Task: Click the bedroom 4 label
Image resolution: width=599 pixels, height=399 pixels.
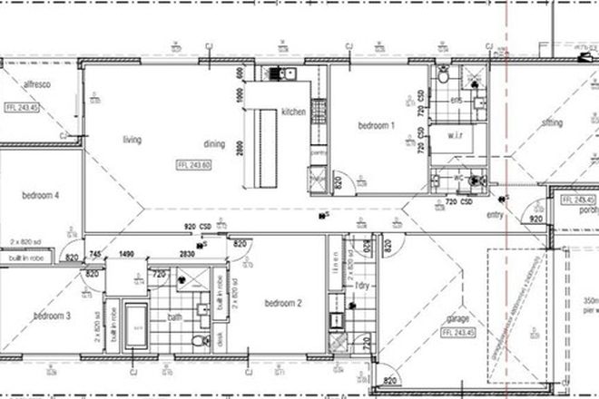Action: [x=41, y=194]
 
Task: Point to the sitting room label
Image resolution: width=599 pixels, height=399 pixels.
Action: [x=551, y=122]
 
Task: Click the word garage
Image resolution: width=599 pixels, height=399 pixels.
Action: [x=457, y=319]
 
